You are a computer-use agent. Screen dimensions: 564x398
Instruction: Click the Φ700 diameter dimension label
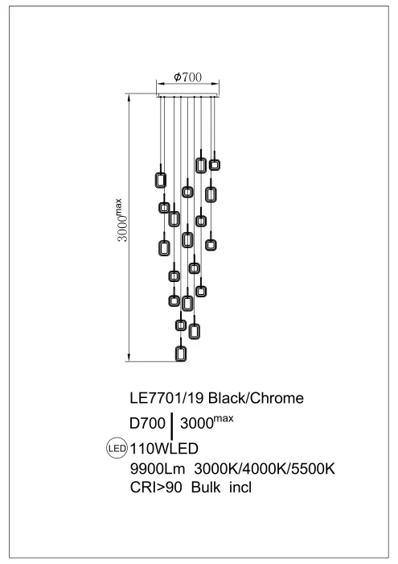click(x=187, y=77)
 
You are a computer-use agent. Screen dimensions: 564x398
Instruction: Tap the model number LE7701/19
click(x=168, y=399)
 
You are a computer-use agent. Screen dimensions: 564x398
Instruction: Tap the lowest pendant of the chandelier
click(x=181, y=354)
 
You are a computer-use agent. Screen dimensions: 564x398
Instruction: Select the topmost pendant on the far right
click(x=215, y=164)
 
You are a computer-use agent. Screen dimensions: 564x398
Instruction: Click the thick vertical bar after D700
click(x=173, y=425)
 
